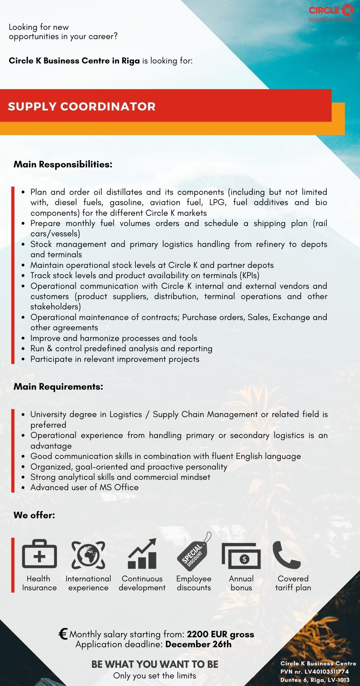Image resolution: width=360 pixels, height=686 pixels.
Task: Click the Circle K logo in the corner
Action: click(331, 14)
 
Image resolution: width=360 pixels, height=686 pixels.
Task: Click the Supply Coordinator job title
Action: click(82, 106)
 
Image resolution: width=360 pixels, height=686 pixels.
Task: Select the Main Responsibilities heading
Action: click(63, 164)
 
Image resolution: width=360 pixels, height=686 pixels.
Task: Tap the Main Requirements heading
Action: click(58, 387)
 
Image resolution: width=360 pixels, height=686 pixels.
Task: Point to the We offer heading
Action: click(34, 515)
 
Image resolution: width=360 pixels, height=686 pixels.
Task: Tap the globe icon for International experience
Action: click(88, 555)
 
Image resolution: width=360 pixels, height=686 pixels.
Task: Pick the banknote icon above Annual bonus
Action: click(241, 556)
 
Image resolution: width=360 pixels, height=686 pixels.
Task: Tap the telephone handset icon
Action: click(286, 555)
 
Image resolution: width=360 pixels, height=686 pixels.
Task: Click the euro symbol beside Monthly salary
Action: click(63, 634)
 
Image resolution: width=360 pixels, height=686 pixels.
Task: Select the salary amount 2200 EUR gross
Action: click(220, 634)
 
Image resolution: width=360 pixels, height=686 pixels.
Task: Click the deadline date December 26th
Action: click(198, 644)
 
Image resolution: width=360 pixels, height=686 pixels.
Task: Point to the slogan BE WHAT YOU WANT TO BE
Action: click(155, 664)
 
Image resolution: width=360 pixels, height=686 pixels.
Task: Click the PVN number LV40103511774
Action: click(326, 672)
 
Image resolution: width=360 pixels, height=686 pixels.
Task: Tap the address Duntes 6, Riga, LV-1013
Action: click(315, 680)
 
